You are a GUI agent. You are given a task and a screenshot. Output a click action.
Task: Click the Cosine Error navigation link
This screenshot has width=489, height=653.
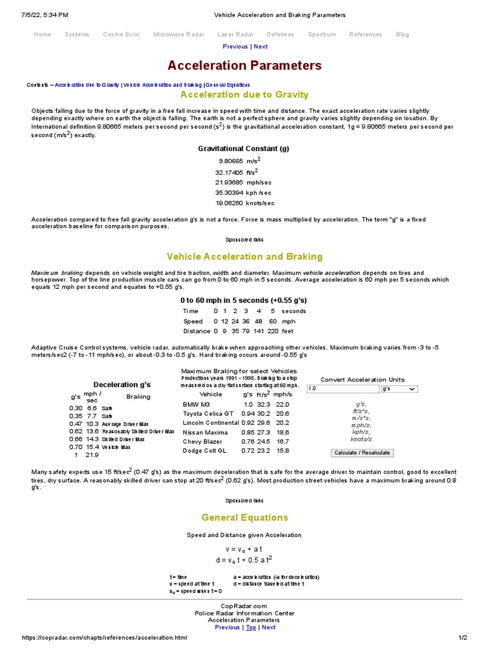(121, 34)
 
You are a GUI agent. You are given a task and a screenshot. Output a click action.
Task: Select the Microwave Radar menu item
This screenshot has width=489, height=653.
(178, 34)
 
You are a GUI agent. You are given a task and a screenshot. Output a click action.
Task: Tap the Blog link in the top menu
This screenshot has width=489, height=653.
(402, 34)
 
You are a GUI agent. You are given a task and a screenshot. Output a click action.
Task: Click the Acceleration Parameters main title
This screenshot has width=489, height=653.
(244, 66)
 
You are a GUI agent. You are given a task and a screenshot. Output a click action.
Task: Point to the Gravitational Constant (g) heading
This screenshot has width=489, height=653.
(244, 149)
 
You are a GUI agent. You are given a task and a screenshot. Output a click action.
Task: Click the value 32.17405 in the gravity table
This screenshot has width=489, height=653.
(229, 172)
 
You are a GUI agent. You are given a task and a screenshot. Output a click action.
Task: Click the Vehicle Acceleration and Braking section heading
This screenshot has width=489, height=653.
(244, 256)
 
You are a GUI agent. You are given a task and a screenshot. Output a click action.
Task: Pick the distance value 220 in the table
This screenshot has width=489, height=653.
(273, 331)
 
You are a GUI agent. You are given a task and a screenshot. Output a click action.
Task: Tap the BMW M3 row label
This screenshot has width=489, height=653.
(195, 404)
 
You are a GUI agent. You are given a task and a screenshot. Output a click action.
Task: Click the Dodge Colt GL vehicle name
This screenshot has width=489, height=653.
(204, 450)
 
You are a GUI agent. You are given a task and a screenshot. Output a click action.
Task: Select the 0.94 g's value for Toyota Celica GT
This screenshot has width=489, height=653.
(248, 413)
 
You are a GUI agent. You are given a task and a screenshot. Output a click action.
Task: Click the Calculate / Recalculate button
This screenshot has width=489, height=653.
(362, 453)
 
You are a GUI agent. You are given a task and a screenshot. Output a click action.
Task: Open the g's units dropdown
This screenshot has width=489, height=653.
(399, 388)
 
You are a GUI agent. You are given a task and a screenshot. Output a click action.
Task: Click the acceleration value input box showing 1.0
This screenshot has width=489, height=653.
(343, 388)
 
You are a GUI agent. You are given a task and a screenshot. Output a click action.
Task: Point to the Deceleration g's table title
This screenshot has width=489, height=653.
(122, 385)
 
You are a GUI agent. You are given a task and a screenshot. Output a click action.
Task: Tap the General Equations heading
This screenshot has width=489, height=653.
(244, 517)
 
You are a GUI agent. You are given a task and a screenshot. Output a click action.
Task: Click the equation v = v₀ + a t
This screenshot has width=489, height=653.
(244, 548)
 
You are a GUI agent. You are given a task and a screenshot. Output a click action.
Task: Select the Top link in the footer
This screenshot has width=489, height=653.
(251, 627)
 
